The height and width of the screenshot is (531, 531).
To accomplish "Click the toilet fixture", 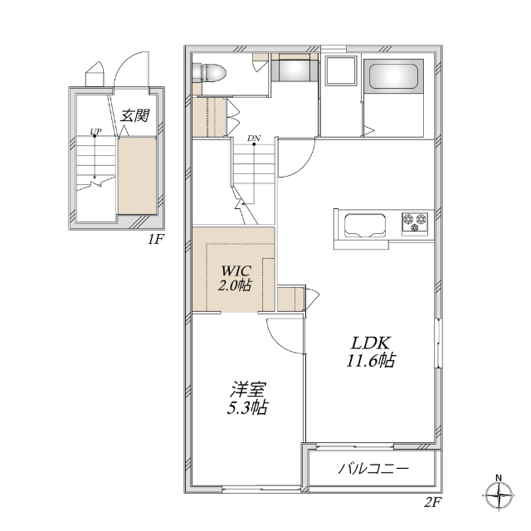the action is (x=208, y=72).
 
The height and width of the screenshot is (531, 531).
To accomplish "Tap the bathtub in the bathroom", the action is (x=392, y=76).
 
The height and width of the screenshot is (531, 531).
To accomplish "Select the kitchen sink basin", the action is (x=365, y=226).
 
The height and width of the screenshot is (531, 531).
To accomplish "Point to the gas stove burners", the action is (x=415, y=223).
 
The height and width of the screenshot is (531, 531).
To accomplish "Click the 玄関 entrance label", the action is (x=134, y=115).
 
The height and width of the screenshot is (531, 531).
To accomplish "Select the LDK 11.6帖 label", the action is (x=371, y=352).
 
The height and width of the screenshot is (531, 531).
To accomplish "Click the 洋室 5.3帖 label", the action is (x=247, y=398).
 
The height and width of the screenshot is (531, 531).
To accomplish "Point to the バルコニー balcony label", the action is (x=373, y=469).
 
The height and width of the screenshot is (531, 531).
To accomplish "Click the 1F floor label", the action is (x=155, y=240).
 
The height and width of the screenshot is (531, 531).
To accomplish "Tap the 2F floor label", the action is (x=433, y=502).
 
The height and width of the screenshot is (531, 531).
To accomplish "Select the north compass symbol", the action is (x=499, y=494).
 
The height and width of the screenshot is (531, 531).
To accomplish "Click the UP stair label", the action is (x=95, y=131).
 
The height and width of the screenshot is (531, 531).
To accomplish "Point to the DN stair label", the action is (x=254, y=139).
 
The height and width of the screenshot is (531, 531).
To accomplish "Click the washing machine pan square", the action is (x=341, y=71).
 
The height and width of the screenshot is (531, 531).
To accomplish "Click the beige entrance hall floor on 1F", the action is (x=137, y=175).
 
